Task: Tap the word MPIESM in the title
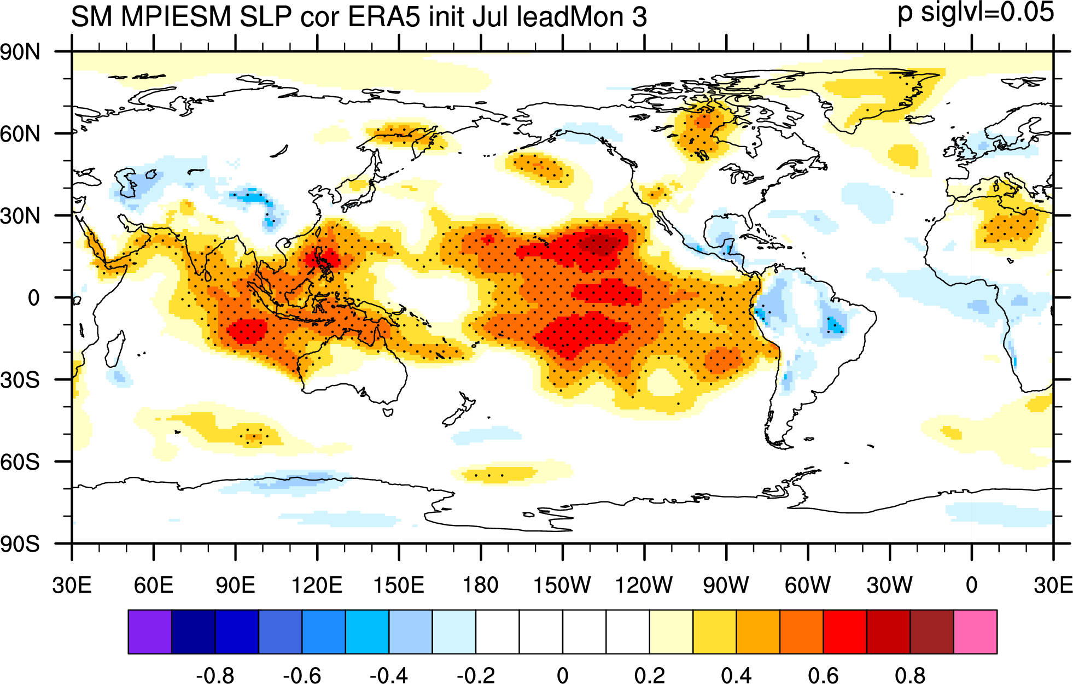pos(176,16)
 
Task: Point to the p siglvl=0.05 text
pos(976,12)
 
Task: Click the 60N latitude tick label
pos(20,134)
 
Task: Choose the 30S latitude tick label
pos(20,380)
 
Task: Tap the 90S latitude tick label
pos(20,544)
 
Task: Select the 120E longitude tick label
pos(317,585)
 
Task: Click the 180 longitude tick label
pos(481,585)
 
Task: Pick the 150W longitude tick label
pos(562,585)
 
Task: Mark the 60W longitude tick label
pos(808,585)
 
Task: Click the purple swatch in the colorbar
pos(150,632)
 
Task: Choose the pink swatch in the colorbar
pos(975,632)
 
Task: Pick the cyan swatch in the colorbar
pos(367,632)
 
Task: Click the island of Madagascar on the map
pos(115,348)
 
